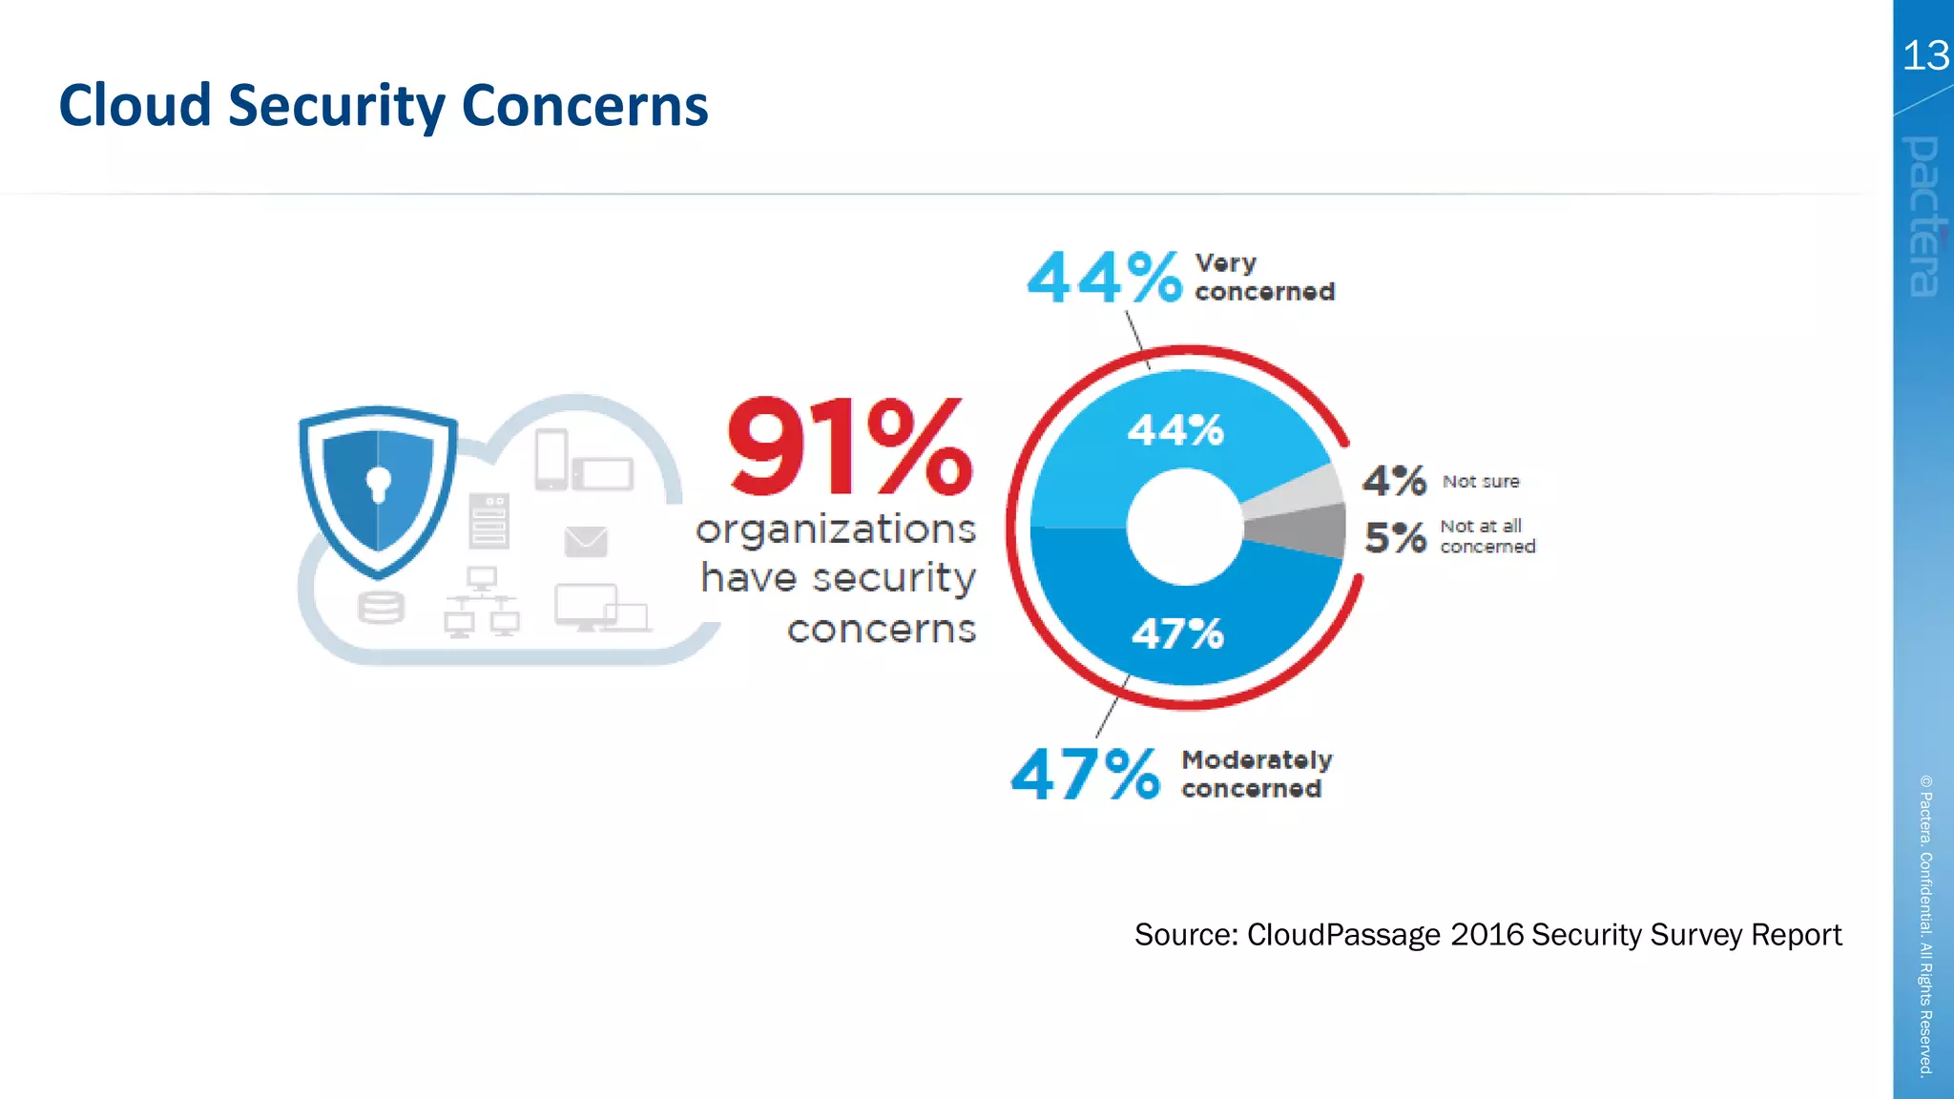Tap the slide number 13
coord(1924,55)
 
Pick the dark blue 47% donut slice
coord(1179,633)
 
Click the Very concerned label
coord(1263,277)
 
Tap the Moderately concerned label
coord(1256,774)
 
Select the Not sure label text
coord(1480,482)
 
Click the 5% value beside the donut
coord(1394,538)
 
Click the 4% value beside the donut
coord(1393,481)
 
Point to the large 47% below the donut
coord(1085,774)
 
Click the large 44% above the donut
coord(1104,279)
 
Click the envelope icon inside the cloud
coord(586,541)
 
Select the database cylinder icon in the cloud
coord(381,608)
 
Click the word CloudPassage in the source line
coord(1342,935)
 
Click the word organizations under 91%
coord(836,529)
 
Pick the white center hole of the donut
coord(1184,527)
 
